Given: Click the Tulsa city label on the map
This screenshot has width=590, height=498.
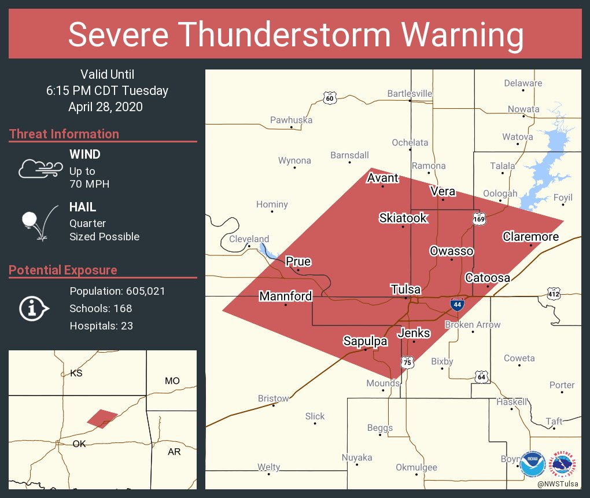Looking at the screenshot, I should [x=405, y=290].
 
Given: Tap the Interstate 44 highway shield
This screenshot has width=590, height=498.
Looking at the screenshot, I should [x=457, y=304].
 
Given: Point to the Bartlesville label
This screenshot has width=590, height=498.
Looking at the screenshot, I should [x=410, y=93].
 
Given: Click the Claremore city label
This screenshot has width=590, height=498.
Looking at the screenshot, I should [x=530, y=236].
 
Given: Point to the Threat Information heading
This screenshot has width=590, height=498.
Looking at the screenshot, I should [x=64, y=134].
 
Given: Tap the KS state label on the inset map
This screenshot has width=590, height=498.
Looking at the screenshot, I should [x=76, y=373].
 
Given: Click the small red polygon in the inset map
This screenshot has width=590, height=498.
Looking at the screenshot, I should [x=102, y=418].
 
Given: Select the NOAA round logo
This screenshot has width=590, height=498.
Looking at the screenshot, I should [x=532, y=464].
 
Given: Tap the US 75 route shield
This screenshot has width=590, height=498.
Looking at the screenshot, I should [x=408, y=362].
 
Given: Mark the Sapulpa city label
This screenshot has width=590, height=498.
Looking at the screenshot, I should [x=364, y=340].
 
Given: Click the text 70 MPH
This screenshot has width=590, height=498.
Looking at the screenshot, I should [x=89, y=184].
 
